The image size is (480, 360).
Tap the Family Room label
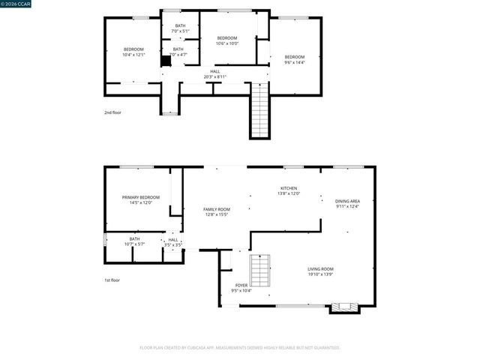216,211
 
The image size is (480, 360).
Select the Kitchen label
289,190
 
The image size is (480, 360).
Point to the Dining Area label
347,203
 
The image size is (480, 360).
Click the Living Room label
320,271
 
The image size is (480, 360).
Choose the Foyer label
241,287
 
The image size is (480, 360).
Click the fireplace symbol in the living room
345,307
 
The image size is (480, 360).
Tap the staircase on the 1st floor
260,270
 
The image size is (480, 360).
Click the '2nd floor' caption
112,112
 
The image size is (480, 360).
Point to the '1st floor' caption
112,280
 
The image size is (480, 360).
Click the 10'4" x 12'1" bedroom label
133,52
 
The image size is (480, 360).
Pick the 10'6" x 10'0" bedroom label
227,40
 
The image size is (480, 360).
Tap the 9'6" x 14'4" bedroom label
294,60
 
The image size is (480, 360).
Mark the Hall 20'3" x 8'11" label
215,74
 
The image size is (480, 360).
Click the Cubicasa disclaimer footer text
240,347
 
